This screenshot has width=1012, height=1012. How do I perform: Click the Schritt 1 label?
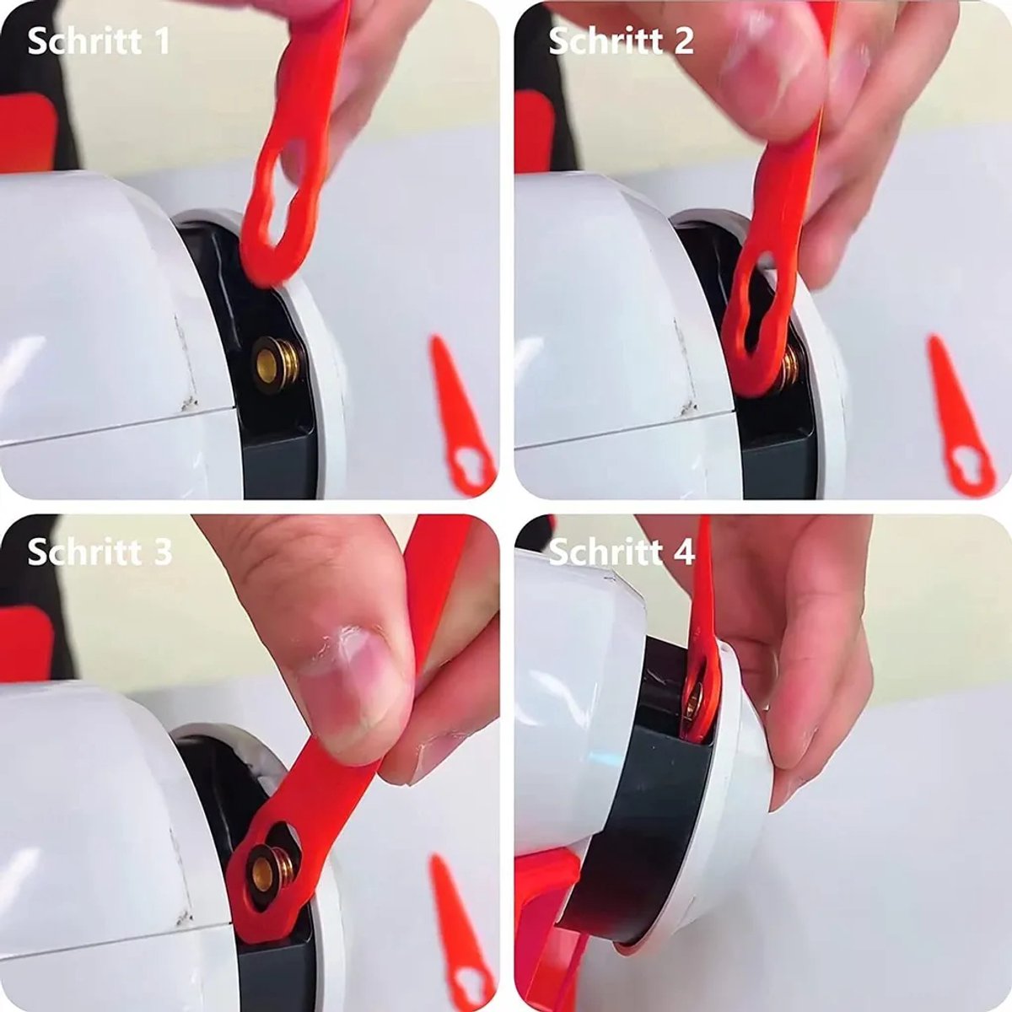pos(98,41)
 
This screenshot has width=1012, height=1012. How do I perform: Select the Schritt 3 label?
pos(100,552)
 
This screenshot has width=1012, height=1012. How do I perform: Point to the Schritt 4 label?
pos(622,552)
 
